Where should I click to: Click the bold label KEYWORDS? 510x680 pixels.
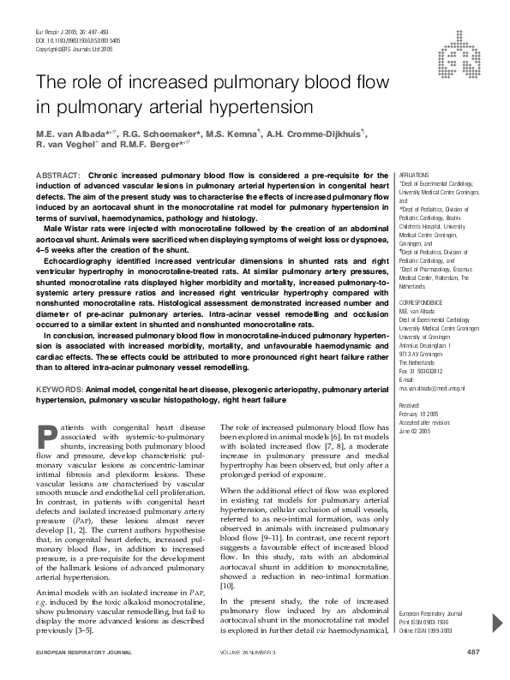pos(59,389)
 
